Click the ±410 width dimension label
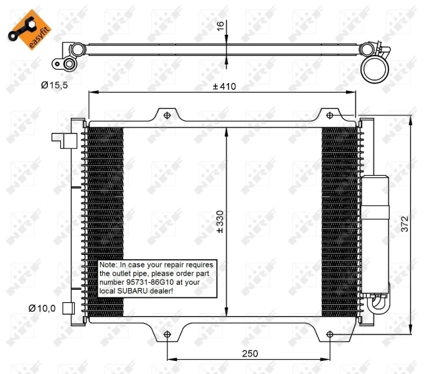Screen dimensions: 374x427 (x=223, y=86)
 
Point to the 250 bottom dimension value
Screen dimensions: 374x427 (x=249, y=353)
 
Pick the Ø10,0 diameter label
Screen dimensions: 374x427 (x=42, y=307)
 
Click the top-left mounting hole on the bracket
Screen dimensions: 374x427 (x=166, y=115)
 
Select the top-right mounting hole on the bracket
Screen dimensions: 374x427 (x=329, y=115)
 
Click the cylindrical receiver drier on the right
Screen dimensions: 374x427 (x=375, y=206)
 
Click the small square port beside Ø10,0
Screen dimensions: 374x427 (x=68, y=308)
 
